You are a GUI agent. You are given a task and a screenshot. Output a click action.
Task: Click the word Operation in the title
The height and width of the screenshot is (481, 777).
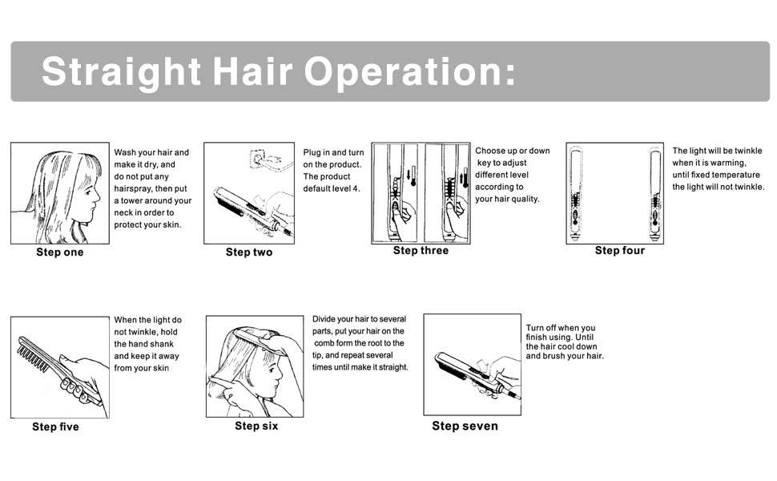coord(410,72)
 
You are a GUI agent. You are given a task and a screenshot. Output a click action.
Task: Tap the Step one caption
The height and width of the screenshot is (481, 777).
coord(59,253)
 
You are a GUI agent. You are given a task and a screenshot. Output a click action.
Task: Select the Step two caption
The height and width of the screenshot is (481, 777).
coord(248,253)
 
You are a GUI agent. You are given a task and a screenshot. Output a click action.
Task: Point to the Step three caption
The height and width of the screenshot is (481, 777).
coord(421,251)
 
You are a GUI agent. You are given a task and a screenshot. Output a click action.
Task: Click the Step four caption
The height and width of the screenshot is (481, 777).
coord(619,251)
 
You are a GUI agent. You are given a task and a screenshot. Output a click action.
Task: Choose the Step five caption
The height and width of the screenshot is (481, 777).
coord(55,427)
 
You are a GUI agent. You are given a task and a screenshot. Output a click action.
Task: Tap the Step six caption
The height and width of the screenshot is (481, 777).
coord(256,426)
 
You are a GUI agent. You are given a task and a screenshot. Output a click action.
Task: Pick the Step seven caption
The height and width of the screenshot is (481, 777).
coord(465,426)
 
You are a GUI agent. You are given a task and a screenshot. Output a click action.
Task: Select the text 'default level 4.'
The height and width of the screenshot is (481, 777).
coord(332,189)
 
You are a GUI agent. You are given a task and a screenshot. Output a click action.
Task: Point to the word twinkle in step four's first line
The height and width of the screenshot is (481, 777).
coord(748,151)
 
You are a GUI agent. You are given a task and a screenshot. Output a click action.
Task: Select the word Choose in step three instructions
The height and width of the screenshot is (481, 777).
coord(490,151)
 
